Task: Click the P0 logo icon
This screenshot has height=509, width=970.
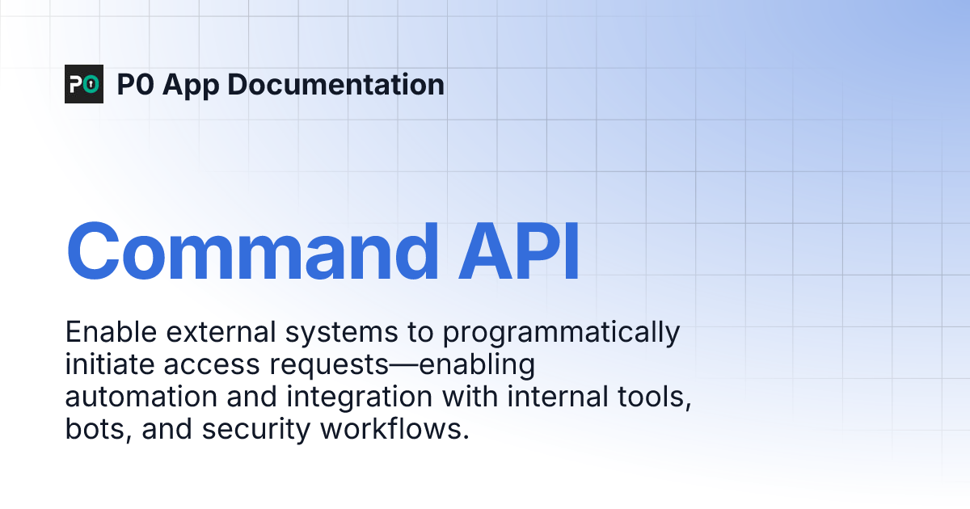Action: pyautogui.click(x=84, y=84)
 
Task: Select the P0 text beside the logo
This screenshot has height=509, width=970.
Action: pyautogui.click(x=134, y=84)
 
